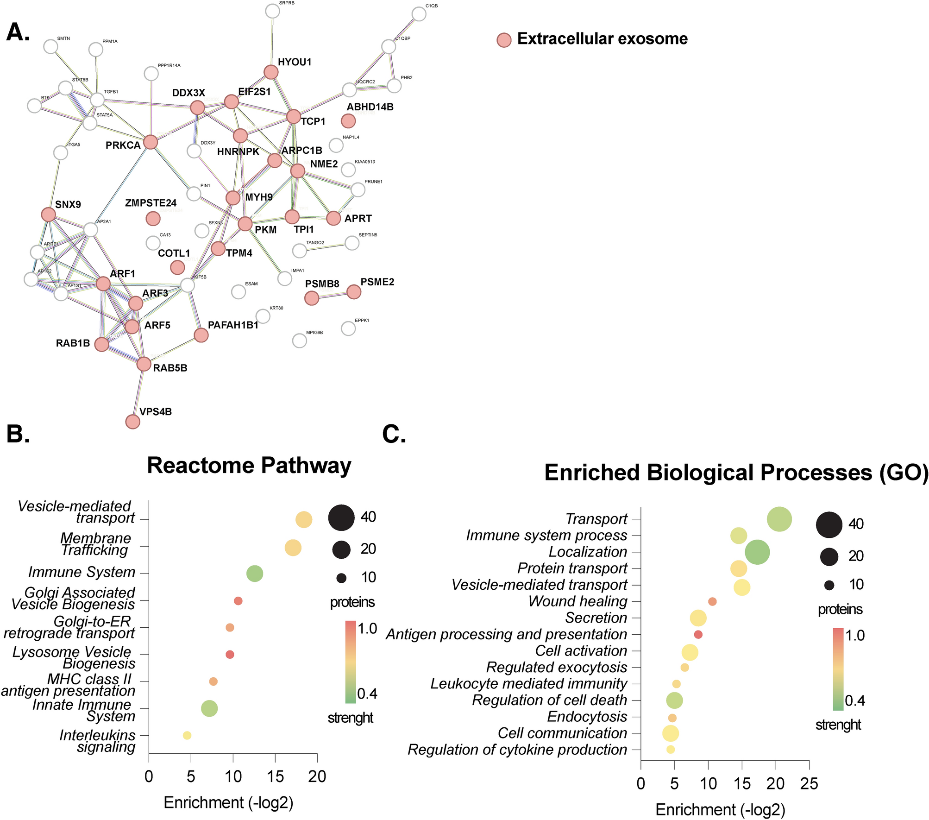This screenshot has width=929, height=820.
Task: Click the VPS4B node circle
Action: point(133,422)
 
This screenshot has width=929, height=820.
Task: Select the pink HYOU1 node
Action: point(271,72)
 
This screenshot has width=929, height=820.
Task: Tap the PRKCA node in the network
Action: point(151,142)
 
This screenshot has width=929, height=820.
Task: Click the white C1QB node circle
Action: point(419,14)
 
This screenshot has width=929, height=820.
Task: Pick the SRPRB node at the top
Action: point(273,11)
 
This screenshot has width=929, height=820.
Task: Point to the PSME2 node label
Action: point(377,282)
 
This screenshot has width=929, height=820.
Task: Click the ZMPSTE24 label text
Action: point(151,203)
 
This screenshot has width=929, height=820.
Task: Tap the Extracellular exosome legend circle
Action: point(504,40)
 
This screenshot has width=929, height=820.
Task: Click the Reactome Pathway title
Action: point(249,465)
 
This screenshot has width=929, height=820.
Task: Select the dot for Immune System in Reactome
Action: point(255,574)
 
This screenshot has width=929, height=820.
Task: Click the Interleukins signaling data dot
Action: point(187,735)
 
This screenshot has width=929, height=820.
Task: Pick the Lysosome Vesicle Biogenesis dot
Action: point(230,655)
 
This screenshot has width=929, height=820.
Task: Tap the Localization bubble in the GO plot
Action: point(758,552)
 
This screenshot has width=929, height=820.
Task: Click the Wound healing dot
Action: point(712,601)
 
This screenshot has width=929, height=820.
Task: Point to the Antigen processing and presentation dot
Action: point(698,634)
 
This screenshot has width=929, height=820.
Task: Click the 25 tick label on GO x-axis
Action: point(809,783)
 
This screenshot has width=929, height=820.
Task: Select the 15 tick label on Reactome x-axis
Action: point(275,776)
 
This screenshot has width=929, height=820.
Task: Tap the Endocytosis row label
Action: point(587,717)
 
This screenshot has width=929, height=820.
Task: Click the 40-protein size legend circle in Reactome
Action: point(341,517)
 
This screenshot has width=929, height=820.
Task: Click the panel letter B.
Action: point(19,434)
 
